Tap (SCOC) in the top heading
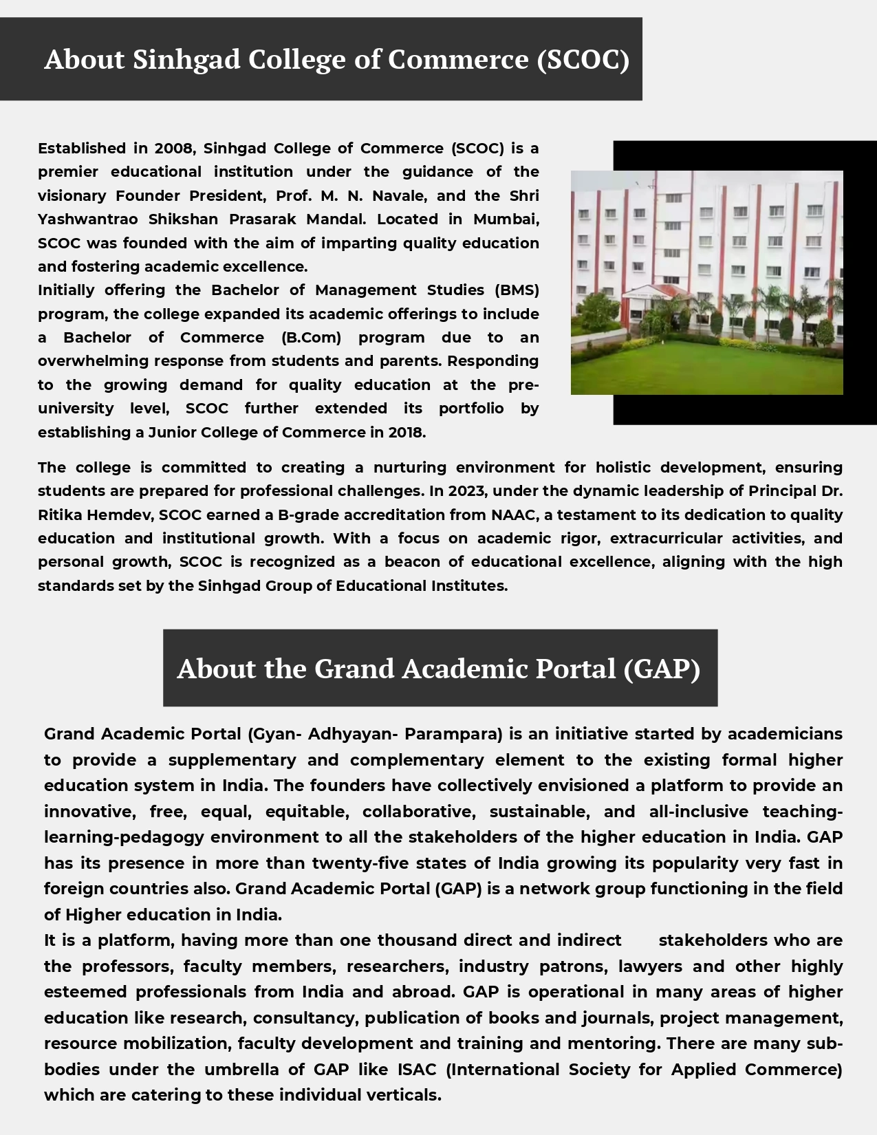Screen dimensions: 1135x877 pyautogui.click(x=583, y=60)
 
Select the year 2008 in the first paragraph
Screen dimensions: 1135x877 pyautogui.click(x=175, y=149)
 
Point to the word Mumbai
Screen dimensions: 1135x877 pyautogui.click(x=506, y=219)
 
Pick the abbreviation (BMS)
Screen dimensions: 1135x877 pyautogui.click(x=517, y=290)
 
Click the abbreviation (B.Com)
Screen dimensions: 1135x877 pyautogui.click(x=311, y=338)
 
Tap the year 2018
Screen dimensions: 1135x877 pyautogui.click(x=406, y=433)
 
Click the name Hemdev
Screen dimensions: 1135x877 pyautogui.click(x=117, y=515)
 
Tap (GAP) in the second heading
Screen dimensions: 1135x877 pyautogui.click(x=662, y=669)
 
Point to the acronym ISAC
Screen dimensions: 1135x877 pyautogui.click(x=416, y=1070)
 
